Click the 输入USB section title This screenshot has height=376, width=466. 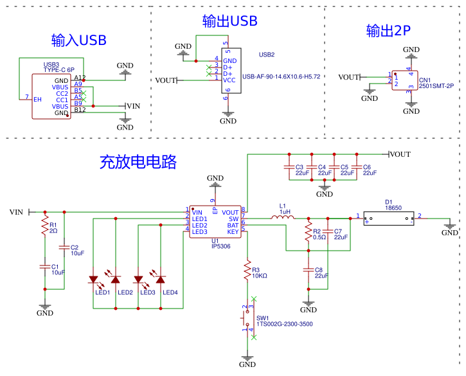79,40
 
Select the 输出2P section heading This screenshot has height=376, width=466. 388,31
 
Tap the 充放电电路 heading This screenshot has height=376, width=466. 138,161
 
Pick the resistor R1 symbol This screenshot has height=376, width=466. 45,226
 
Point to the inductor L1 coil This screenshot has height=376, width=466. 283,218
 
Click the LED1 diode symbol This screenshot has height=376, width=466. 93,280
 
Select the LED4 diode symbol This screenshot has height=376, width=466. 161,280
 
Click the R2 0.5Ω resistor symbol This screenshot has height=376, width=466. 309,233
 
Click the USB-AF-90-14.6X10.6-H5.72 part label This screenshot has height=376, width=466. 281,76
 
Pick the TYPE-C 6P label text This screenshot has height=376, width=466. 59,69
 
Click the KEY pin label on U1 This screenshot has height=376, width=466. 232,231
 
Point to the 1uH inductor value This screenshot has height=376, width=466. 285,211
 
